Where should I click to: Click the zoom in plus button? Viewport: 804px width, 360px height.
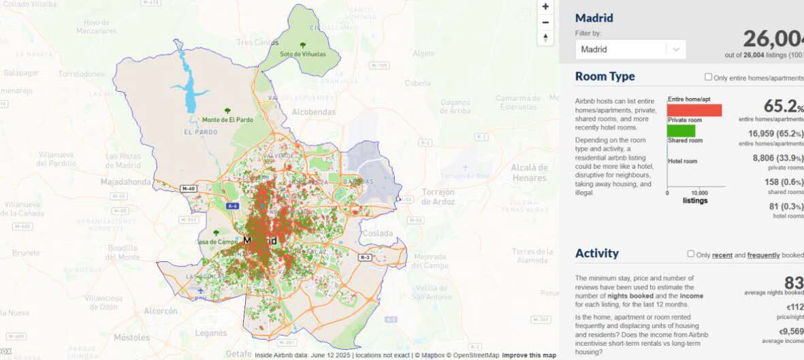(x=545, y=6)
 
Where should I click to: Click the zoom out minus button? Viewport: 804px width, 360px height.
(x=545, y=22)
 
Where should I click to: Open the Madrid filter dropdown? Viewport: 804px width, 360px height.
(x=630, y=49)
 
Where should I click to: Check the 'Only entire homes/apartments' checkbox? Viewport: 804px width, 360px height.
(x=708, y=78)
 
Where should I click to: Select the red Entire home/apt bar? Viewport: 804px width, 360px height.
(x=694, y=110)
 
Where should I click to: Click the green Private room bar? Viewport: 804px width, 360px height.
(x=681, y=131)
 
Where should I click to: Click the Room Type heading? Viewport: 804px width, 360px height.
(x=605, y=77)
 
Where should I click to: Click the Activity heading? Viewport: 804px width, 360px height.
(x=597, y=253)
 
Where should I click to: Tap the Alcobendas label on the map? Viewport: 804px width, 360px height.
(x=313, y=112)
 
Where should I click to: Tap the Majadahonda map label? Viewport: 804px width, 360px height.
(x=126, y=182)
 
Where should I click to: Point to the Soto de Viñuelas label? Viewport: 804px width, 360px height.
(x=303, y=53)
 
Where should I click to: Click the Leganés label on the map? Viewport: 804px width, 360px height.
(x=211, y=333)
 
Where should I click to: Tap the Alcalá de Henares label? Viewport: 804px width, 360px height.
(x=529, y=173)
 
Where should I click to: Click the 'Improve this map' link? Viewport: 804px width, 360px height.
(x=529, y=355)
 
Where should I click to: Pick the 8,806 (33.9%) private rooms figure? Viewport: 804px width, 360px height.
(x=777, y=158)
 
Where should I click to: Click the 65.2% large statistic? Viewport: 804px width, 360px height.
(x=783, y=107)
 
